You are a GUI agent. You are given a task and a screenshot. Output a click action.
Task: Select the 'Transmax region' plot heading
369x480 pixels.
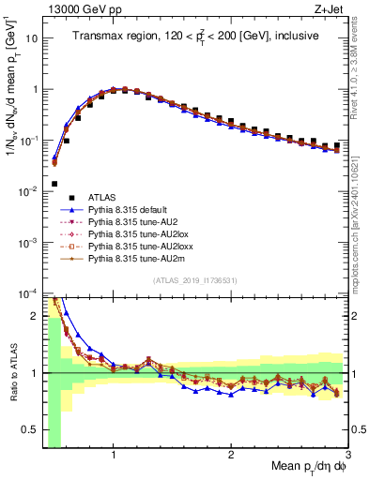point(195,35)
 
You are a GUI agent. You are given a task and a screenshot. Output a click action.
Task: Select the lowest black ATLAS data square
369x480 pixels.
point(54,184)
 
